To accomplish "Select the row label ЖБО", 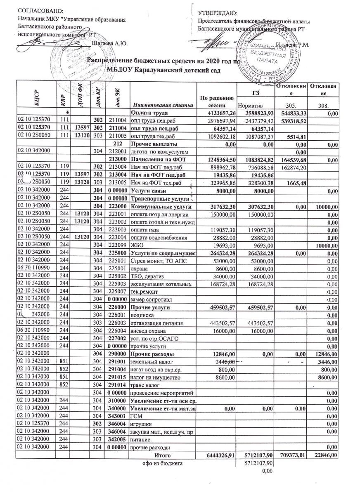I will click(x=137, y=244).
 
